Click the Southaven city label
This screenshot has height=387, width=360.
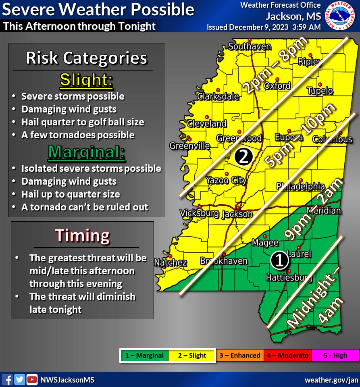[x=250, y=47]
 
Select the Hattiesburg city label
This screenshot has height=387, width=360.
[x=289, y=278]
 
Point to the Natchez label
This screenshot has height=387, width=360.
[x=171, y=263]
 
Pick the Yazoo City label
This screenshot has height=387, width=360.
[x=226, y=180]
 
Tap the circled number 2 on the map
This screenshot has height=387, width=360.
[x=243, y=156]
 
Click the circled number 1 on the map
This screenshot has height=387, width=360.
[x=279, y=261]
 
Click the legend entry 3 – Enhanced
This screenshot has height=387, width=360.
[x=239, y=356]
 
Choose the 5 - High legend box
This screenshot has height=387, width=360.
[x=335, y=356]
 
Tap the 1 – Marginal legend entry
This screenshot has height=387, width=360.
[x=144, y=356]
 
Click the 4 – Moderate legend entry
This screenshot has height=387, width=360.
[x=287, y=356]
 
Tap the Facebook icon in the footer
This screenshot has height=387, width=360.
[x=7, y=379]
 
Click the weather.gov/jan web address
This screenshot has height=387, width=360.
[x=331, y=380]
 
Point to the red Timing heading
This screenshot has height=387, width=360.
[x=82, y=235]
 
